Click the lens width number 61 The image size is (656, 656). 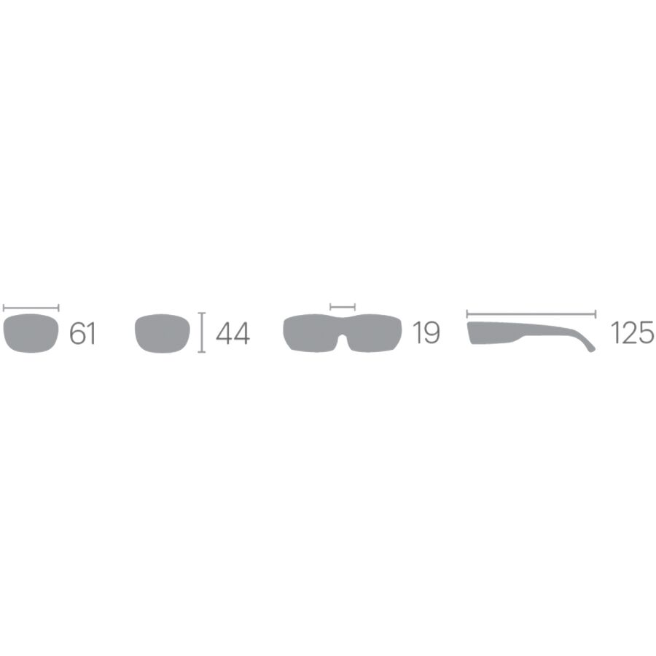[82, 333]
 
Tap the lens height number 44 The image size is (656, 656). [233, 333]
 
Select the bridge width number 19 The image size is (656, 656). [426, 333]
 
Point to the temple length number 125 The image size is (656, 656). [633, 333]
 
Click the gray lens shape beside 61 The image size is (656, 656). [31, 333]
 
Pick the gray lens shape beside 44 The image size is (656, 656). [163, 333]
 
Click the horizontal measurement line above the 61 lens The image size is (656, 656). [31, 308]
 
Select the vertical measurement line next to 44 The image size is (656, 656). [202, 332]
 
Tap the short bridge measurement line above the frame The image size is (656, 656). [343, 308]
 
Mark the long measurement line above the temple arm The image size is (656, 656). [531, 314]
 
